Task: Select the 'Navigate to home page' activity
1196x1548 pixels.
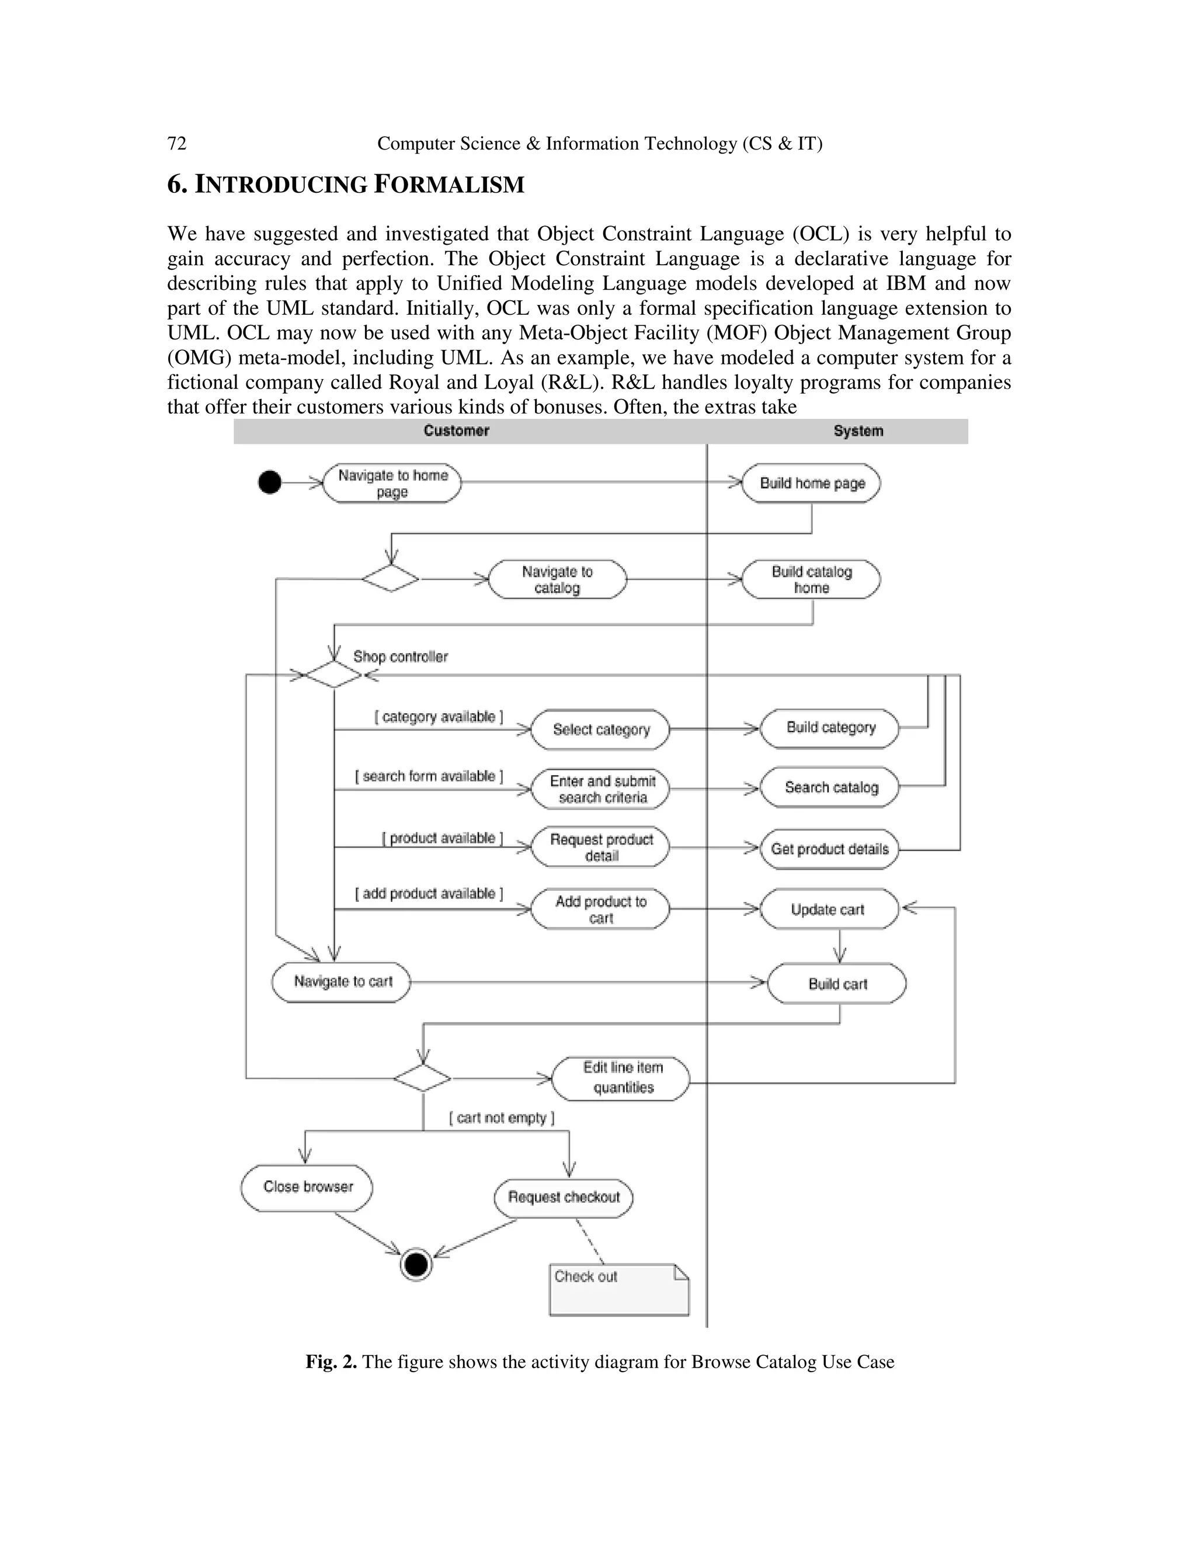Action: [392, 484]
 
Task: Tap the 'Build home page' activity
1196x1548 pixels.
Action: [811, 484]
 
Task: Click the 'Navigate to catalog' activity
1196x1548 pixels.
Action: [558, 580]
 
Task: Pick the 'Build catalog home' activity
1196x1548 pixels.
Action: [811, 580]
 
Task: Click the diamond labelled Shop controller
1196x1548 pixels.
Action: [333, 674]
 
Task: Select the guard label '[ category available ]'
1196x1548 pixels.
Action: [439, 717]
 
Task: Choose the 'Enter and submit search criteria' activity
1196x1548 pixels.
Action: [601, 789]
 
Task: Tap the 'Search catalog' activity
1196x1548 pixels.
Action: [830, 787]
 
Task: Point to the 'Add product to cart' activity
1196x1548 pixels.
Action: [600, 910]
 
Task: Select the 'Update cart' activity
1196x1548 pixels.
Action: [828, 910]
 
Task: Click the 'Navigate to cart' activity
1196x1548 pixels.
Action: [342, 982]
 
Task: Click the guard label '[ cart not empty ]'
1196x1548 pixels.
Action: [501, 1117]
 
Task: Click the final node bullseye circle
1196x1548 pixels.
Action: [416, 1264]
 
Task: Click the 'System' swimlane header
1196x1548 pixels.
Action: [857, 431]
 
